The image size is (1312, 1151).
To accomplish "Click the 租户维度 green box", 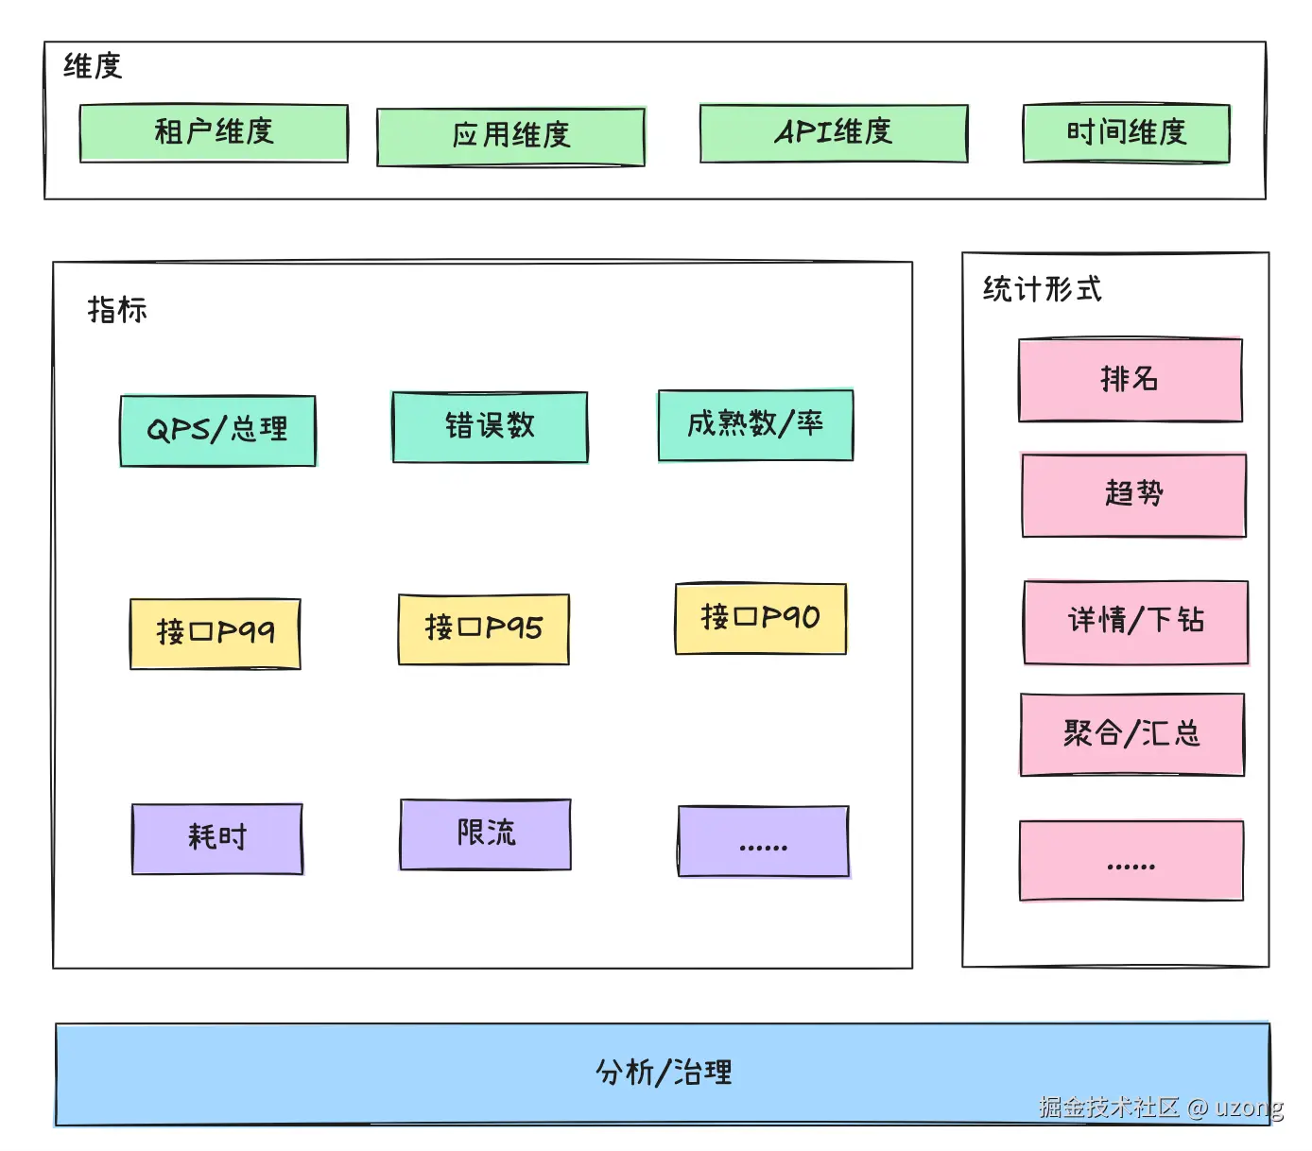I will click(214, 133).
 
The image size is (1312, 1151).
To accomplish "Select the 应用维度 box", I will click(510, 137).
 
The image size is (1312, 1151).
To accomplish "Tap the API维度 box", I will click(834, 133).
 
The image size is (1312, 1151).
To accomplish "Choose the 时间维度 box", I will click(1126, 133).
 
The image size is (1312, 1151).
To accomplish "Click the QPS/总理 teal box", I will click(217, 431).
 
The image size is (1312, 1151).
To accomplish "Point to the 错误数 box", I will click(490, 427).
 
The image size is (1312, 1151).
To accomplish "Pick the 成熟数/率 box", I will click(755, 425).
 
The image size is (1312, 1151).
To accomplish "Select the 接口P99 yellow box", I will click(216, 633).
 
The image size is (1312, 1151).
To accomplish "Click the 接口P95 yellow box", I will click(483, 629).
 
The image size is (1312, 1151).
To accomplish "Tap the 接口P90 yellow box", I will click(760, 619).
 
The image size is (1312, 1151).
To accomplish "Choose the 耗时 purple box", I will click(217, 838).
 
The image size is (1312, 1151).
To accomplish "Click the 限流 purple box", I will click(486, 834).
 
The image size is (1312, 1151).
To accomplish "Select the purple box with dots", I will click(763, 841).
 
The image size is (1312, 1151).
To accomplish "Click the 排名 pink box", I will click(1130, 380).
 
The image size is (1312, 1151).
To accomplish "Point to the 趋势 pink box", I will click(1133, 495).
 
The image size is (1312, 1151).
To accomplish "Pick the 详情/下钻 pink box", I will click(1135, 622).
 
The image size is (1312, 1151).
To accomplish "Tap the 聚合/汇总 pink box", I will click(1131, 734).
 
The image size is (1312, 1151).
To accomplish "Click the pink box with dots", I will click(1131, 860).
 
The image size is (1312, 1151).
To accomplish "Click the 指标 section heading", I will click(117, 310).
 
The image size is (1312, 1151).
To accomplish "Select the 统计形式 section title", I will click(1042, 289).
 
